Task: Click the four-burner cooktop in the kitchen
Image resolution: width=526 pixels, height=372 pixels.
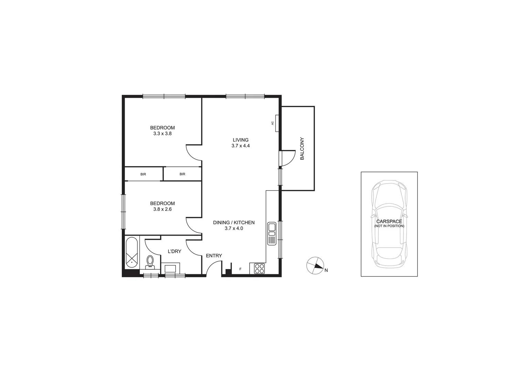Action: pos(259,268)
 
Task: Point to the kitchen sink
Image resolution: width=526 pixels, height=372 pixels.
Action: pos(271,234)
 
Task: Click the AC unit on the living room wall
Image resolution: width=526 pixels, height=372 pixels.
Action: pos(276,123)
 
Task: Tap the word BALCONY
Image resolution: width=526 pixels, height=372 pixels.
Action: pos(302,149)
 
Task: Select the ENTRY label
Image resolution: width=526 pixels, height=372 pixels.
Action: pos(214,256)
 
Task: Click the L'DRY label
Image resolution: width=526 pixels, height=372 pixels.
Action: pos(174,251)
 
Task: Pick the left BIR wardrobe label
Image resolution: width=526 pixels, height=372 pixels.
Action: pos(143,174)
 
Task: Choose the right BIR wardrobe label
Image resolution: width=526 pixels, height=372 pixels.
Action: pos(182,174)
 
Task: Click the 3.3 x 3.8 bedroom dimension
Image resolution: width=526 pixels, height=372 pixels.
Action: pos(162,133)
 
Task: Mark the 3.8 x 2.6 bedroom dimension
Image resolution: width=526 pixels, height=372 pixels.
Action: pos(162,209)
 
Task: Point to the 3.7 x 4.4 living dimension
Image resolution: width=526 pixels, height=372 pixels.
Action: pos(241,146)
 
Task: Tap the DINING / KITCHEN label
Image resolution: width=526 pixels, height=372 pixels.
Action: pos(234,223)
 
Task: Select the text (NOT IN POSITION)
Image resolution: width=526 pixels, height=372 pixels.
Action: pos(389,226)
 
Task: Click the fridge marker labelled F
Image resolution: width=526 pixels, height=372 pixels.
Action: pos(240,269)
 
